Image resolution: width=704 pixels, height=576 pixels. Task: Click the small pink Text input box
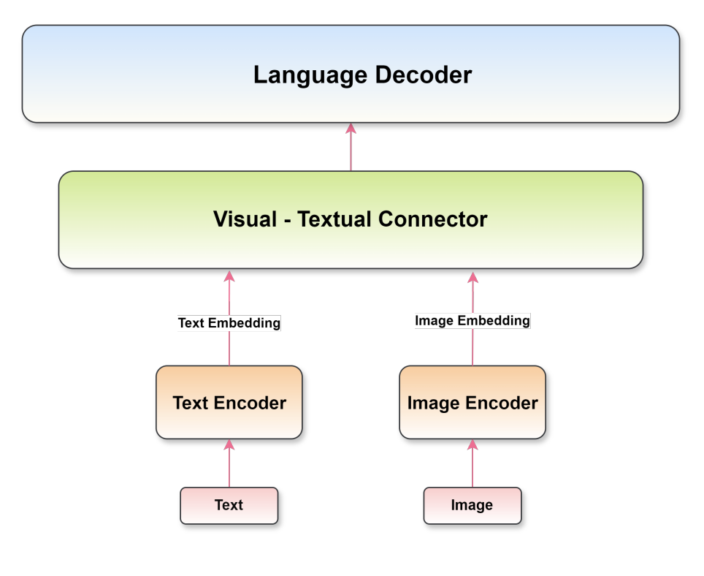(x=229, y=505)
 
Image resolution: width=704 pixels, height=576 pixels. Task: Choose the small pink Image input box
(x=472, y=505)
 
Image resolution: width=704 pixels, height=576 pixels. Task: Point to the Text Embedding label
(x=229, y=322)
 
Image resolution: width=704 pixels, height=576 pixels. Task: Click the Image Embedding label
(x=472, y=320)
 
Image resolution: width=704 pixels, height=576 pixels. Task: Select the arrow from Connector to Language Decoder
(x=351, y=150)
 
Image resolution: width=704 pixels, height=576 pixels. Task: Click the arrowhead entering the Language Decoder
(x=351, y=129)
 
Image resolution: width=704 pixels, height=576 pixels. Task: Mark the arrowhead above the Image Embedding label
(x=472, y=278)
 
